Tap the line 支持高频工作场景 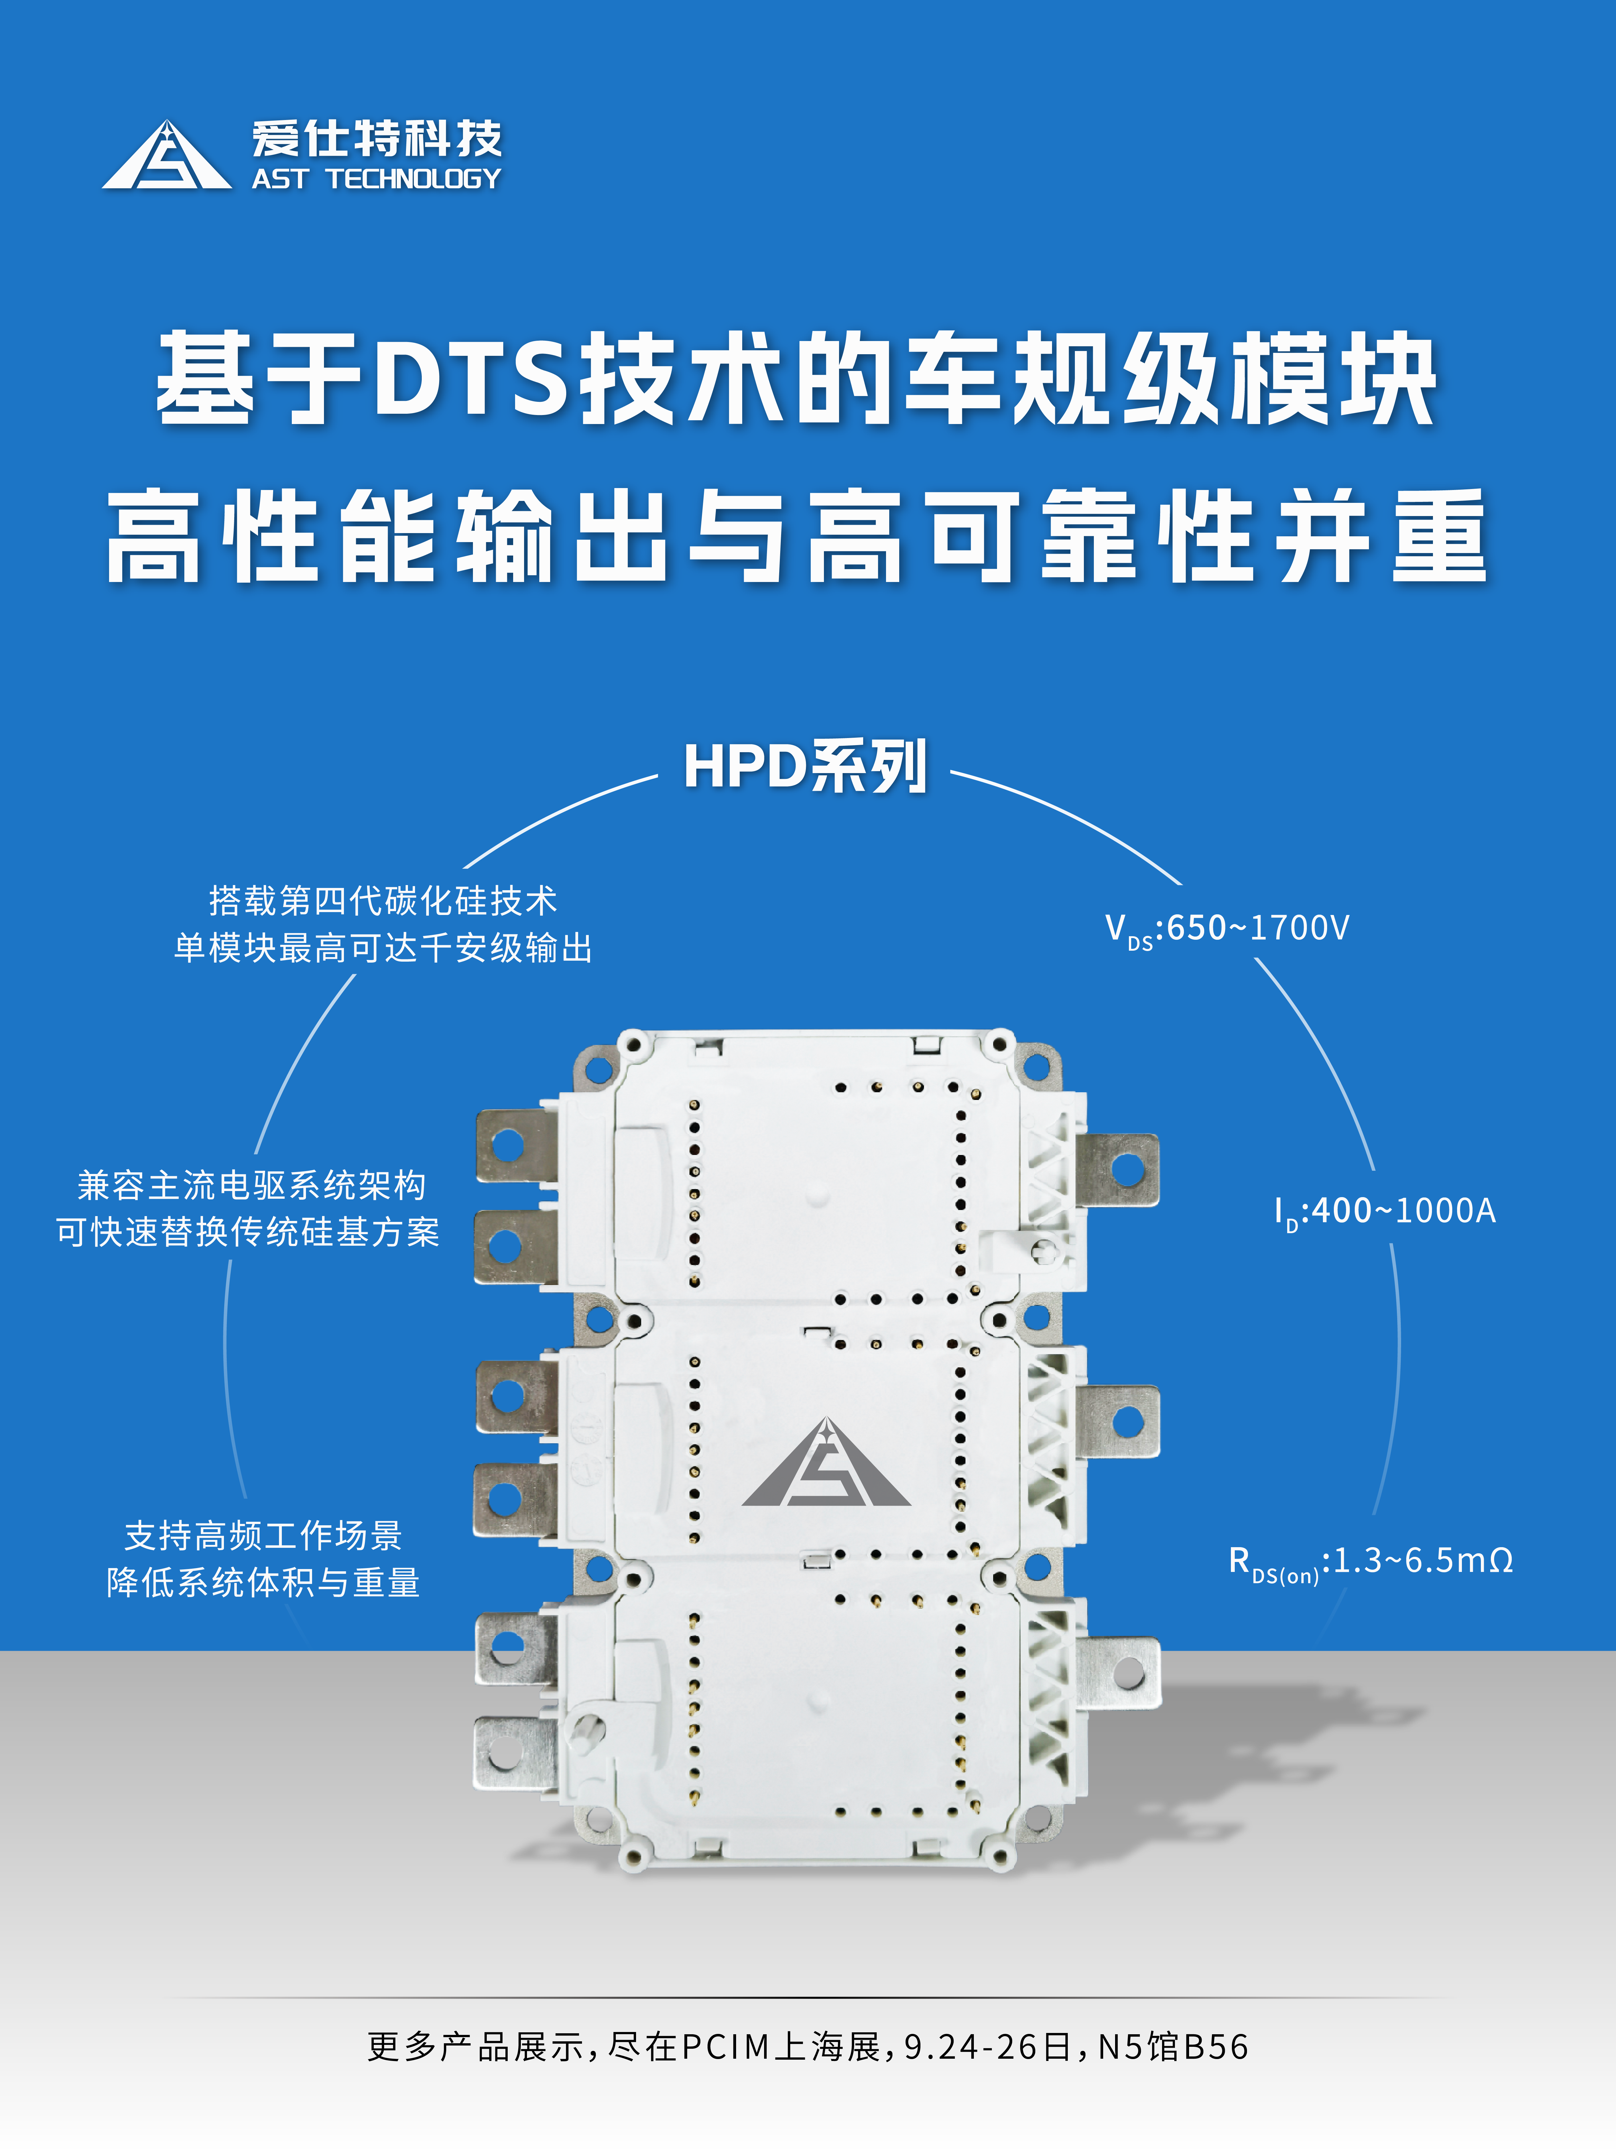[x=264, y=1535]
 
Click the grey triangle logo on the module [x=827, y=1462]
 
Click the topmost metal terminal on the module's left [x=516, y=1146]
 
